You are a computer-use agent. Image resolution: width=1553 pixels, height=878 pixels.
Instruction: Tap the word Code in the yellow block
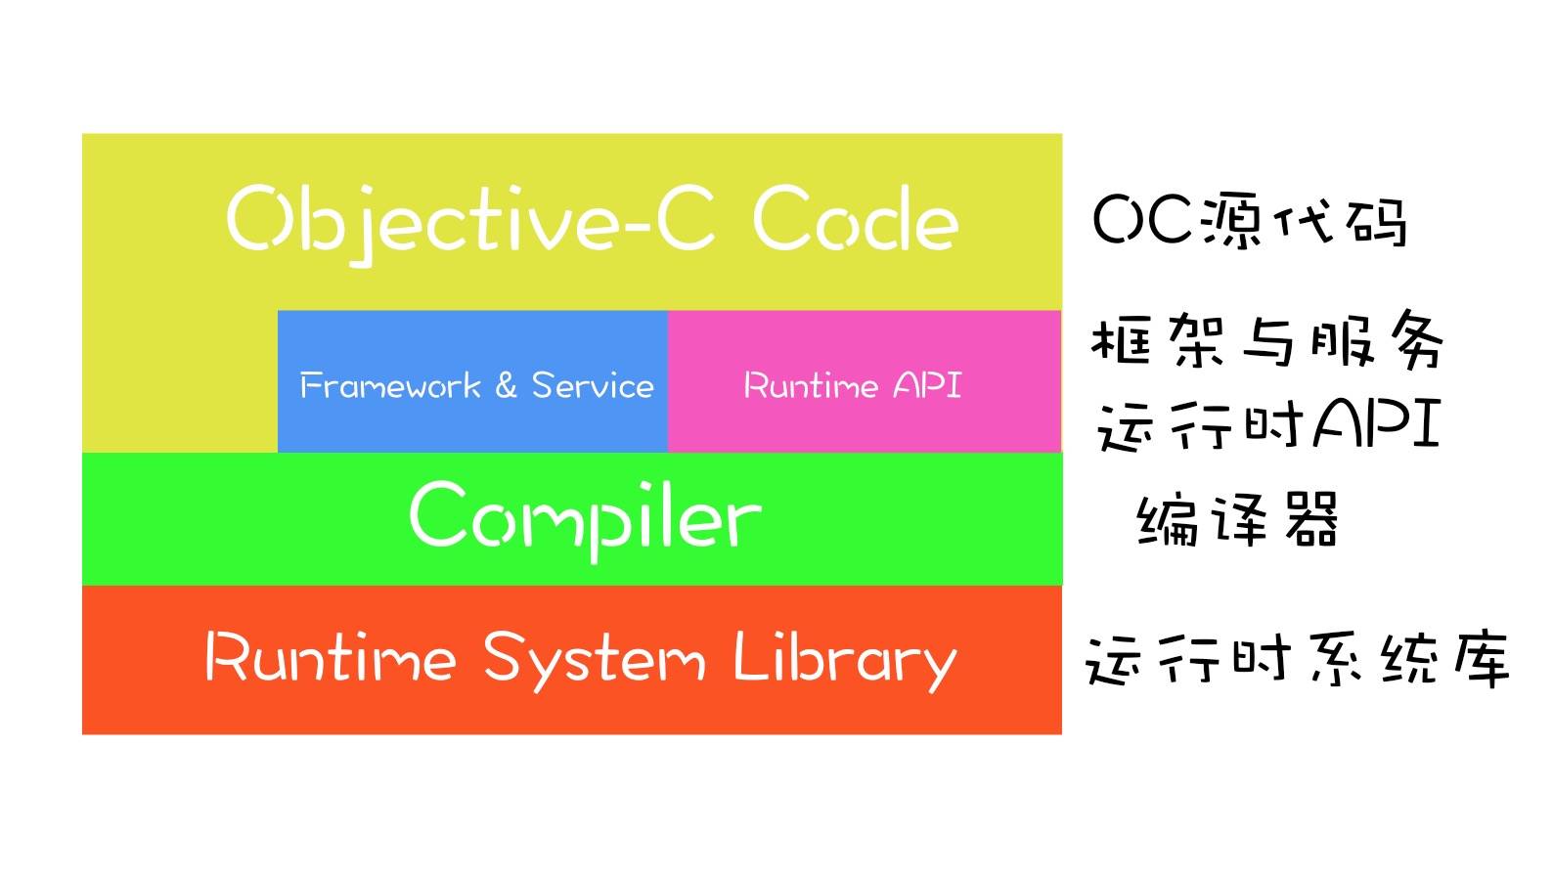856,218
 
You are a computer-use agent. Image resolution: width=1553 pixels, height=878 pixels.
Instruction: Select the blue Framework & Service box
472,381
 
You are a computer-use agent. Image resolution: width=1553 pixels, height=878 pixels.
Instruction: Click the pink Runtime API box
865,381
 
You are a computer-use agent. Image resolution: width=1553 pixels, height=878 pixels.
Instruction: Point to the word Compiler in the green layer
586,520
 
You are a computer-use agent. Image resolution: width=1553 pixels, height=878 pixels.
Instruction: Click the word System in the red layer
595,660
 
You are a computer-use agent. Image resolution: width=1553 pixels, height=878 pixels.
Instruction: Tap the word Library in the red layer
845,660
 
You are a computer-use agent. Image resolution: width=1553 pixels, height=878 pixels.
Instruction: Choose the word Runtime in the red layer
331,656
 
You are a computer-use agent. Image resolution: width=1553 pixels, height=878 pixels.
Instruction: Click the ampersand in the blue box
507,385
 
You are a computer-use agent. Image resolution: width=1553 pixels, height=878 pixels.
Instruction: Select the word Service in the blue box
593,385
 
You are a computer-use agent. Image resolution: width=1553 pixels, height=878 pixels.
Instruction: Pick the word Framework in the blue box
390,385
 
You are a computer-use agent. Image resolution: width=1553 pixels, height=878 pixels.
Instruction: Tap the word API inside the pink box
927,384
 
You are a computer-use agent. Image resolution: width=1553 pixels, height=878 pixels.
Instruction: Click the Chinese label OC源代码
1249,220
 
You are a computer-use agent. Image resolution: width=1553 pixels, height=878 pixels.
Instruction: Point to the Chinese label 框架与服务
1267,339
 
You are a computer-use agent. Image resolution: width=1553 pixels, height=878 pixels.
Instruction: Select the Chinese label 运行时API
1268,424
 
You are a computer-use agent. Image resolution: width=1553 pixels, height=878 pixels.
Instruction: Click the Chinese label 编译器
1237,520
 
